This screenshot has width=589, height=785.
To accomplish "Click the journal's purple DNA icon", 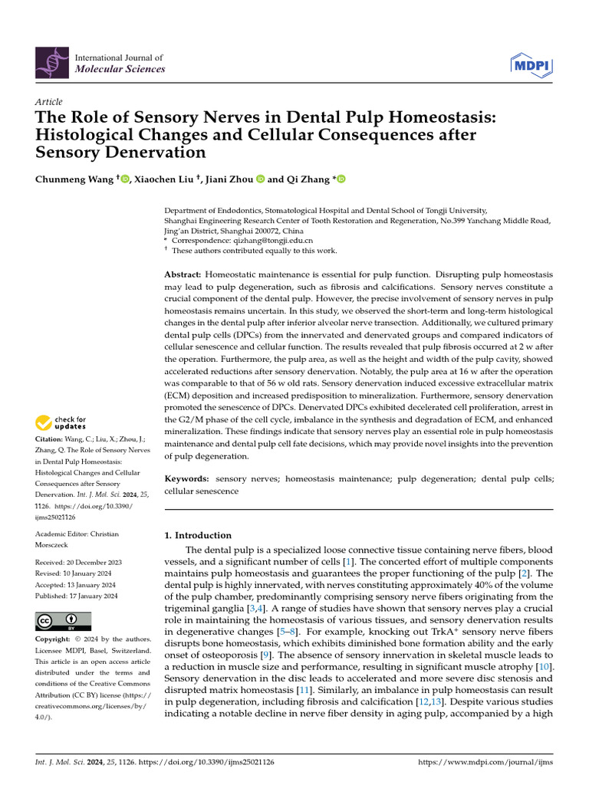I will click(51, 63).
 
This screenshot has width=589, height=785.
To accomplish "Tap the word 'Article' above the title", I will click(49, 102).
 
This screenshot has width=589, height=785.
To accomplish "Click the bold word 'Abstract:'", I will click(183, 274).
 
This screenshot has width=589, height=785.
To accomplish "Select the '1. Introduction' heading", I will click(199, 535).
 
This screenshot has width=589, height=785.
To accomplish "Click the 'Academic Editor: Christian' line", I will click(77, 534).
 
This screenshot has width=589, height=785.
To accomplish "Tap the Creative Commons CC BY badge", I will click(63, 620).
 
